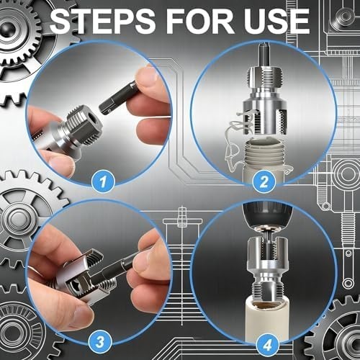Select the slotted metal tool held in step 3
[x=79, y=277]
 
